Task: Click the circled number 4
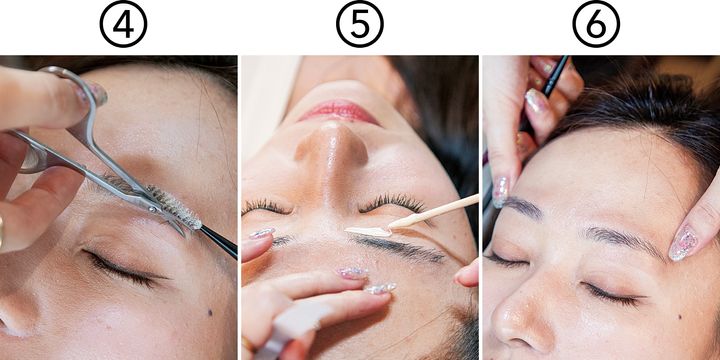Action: click(x=123, y=24)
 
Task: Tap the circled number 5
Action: click(x=360, y=24)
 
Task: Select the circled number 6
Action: click(x=596, y=24)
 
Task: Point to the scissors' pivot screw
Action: click(x=152, y=208)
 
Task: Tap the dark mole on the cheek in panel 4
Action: click(x=210, y=312)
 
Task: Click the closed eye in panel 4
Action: click(x=124, y=269)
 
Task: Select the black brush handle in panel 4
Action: click(x=219, y=241)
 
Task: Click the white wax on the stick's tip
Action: click(x=368, y=232)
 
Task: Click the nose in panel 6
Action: click(x=521, y=317)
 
